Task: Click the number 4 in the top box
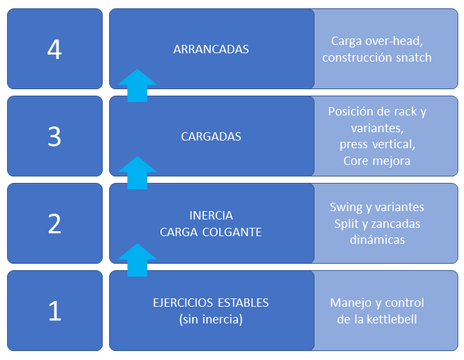pyautogui.click(x=55, y=49)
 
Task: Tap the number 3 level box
pyautogui.click(x=55, y=136)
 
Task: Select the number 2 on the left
pyautogui.click(x=55, y=223)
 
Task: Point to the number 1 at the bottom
pyautogui.click(x=55, y=311)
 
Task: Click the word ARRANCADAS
pyautogui.click(x=211, y=49)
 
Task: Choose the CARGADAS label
pyautogui.click(x=211, y=137)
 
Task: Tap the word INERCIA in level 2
pyautogui.click(x=211, y=216)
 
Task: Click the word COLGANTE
pyautogui.click(x=232, y=232)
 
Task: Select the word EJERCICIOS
pyautogui.click(x=183, y=303)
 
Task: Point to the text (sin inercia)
pyautogui.click(x=211, y=320)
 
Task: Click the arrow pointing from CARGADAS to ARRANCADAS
pyautogui.click(x=137, y=86)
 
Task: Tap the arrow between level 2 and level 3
pyautogui.click(x=137, y=173)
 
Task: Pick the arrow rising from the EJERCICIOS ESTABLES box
pyautogui.click(x=137, y=260)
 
